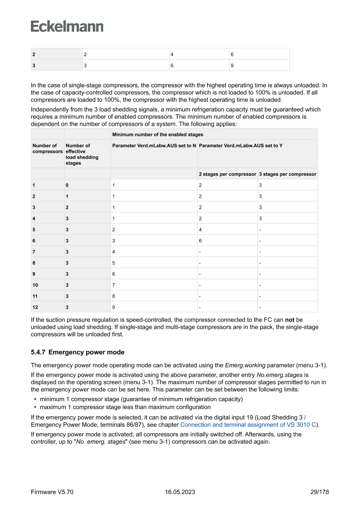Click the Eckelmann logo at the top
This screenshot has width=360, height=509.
(x=67, y=27)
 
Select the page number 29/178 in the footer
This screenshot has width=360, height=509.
(x=317, y=492)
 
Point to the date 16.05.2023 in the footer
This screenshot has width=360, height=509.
(x=180, y=492)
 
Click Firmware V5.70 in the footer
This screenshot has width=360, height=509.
(x=52, y=492)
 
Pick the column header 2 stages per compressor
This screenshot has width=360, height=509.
(x=227, y=174)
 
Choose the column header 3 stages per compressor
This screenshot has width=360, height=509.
(x=287, y=174)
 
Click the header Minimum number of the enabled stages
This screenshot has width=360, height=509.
(x=158, y=135)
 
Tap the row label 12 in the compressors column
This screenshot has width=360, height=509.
(x=35, y=307)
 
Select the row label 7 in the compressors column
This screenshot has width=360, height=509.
(x=34, y=252)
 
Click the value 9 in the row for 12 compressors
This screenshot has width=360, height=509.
(x=114, y=307)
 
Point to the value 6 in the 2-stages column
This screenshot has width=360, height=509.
(x=201, y=240)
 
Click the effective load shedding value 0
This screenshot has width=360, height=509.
(x=67, y=185)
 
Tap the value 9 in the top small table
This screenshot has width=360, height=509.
(x=232, y=65)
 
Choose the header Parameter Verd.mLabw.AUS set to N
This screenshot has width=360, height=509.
(x=154, y=145)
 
